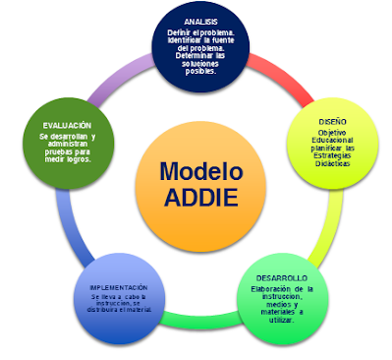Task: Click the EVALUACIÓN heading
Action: click(x=67, y=126)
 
